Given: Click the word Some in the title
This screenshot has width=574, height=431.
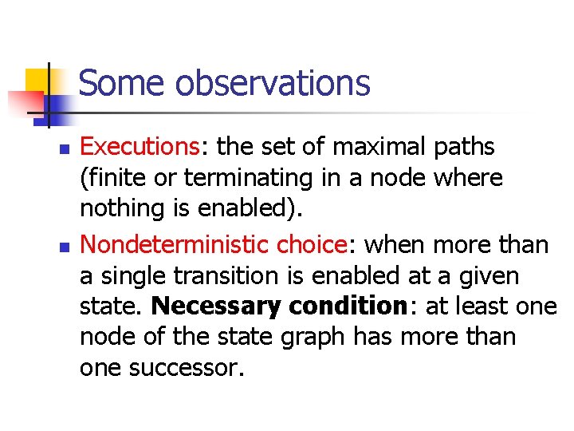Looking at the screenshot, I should [121, 83].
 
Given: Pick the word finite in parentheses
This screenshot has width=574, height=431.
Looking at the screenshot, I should [112, 177].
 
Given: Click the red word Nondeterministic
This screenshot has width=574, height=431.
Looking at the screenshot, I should [175, 245].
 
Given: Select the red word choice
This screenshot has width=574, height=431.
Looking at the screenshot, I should [313, 245].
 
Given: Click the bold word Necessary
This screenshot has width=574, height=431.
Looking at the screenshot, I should [217, 306].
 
